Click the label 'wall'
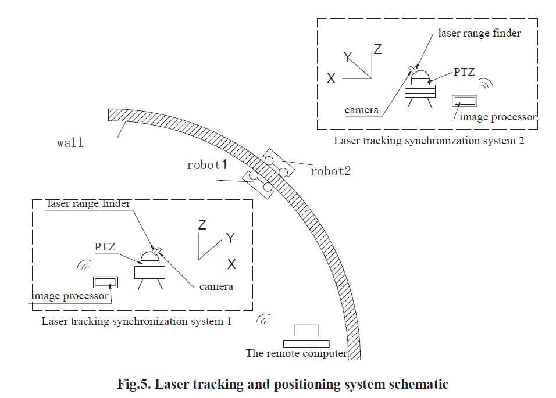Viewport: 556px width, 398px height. [70, 143]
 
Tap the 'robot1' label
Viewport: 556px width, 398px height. [206, 165]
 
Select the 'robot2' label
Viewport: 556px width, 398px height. [330, 171]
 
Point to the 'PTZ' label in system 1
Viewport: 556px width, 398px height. [105, 247]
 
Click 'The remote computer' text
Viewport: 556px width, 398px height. [296, 353]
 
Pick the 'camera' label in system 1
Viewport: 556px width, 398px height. [216, 286]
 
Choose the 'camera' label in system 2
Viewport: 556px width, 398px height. [362, 110]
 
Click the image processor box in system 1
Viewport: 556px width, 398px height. [105, 282]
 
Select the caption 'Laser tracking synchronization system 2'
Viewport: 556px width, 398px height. [429, 141]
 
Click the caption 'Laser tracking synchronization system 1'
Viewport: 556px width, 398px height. [136, 321]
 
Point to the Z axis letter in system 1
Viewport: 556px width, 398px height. [202, 224]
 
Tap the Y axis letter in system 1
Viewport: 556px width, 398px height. [230, 238]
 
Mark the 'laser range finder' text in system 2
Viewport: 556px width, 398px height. [479, 33]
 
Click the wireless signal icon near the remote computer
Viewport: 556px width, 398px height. [265, 319]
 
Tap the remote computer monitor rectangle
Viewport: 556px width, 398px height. [306, 330]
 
